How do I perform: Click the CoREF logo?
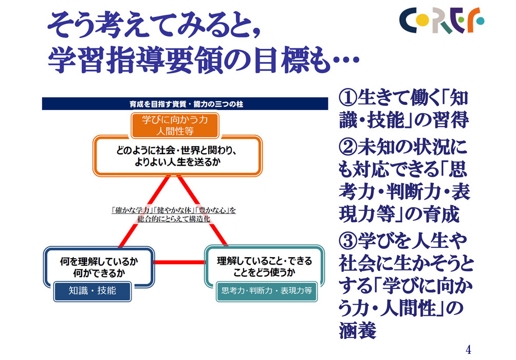[x=442, y=21]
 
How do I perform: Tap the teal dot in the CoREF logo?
[x=481, y=21]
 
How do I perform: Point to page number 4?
[x=468, y=350]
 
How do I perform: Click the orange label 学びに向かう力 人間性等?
[x=175, y=125]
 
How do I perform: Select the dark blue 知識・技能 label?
[x=93, y=291]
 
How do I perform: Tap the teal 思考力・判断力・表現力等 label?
[x=267, y=291]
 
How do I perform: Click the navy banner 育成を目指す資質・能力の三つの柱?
[x=185, y=104]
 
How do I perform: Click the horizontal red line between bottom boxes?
[x=179, y=262]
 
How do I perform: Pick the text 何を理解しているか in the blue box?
[x=99, y=262]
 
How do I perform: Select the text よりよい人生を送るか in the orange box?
[x=177, y=161]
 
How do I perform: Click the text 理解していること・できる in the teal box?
[x=264, y=261]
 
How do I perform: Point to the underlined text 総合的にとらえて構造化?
[x=173, y=219]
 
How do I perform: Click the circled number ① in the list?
[x=348, y=98]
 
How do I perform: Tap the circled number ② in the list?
[x=348, y=147]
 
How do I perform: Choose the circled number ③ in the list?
[x=348, y=241]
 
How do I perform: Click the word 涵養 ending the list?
[x=358, y=331]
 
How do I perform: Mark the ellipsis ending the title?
[x=345, y=60]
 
